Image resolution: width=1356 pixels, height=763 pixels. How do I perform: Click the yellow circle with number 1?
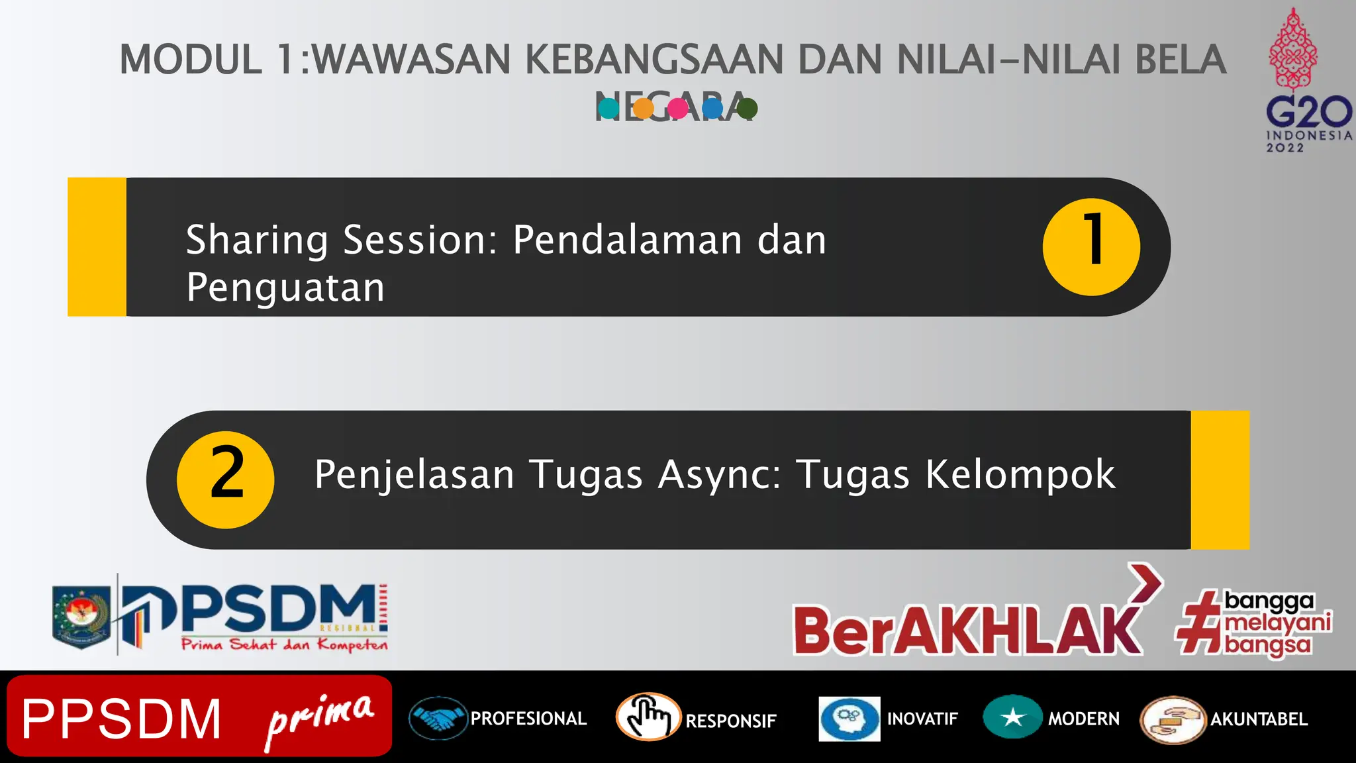[x=1091, y=246]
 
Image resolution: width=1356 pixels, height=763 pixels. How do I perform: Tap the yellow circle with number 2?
[x=225, y=480]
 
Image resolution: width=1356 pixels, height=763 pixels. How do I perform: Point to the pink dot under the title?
[x=677, y=108]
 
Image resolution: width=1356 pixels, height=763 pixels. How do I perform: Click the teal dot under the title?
[x=608, y=108]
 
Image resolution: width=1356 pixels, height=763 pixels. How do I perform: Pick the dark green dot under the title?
[x=747, y=108]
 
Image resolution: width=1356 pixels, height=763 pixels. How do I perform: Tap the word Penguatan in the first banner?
[x=285, y=288]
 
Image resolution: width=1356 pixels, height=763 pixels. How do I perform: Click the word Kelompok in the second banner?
[x=1020, y=474]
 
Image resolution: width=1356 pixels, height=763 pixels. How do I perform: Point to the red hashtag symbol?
[x=1199, y=623]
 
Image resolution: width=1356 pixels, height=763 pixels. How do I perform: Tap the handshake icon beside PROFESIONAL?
[x=438, y=719]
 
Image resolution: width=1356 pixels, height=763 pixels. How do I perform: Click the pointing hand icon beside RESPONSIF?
[x=648, y=717]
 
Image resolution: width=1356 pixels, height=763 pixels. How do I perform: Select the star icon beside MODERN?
[x=1012, y=717]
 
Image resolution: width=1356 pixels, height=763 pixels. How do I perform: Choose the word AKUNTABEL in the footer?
[x=1259, y=719]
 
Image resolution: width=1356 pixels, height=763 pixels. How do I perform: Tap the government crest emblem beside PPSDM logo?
[x=81, y=616]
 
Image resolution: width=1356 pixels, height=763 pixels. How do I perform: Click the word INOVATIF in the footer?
[x=922, y=719]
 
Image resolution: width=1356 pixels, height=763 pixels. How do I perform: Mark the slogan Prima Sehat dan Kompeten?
[x=285, y=644]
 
